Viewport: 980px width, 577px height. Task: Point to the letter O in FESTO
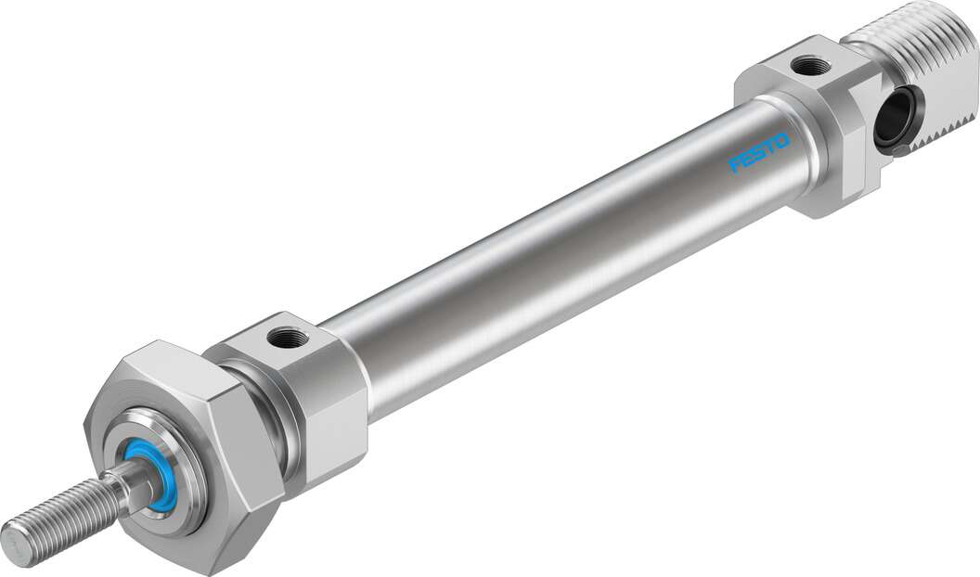(x=781, y=141)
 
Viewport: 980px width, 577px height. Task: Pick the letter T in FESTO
(x=770, y=147)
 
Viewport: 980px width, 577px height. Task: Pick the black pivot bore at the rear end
(x=893, y=121)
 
